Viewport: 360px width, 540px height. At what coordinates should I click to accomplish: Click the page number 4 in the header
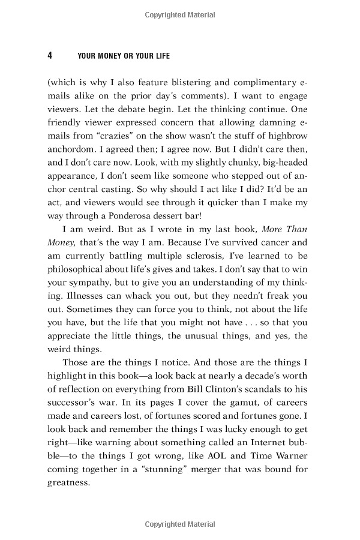point(50,56)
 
